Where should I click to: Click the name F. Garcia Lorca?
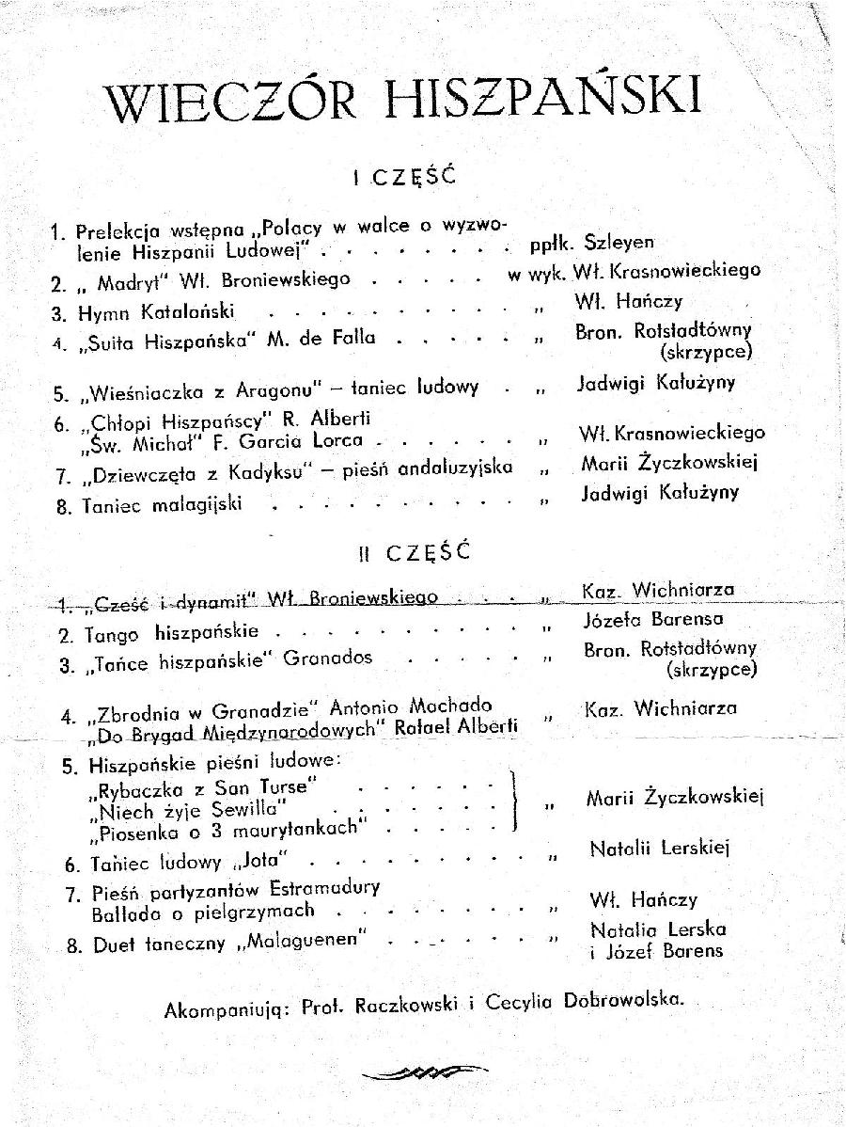[x=291, y=440]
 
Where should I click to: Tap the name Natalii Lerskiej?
[x=660, y=849]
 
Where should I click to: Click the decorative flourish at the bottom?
[x=425, y=1071]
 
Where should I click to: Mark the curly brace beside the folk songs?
[x=513, y=801]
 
